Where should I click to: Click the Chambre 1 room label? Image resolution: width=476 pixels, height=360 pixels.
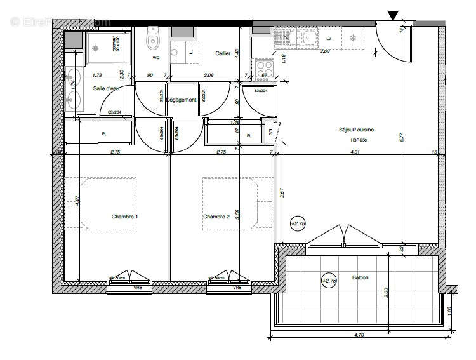point(125,217)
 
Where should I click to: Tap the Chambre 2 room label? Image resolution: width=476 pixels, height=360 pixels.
point(216,217)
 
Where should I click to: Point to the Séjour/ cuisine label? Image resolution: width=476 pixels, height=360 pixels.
point(356,130)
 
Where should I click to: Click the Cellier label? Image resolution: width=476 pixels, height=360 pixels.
point(222,54)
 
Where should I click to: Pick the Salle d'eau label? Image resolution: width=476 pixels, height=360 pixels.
point(106,88)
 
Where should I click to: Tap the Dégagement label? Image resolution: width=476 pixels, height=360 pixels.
point(181,100)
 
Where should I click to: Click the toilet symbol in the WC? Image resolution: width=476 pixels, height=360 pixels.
point(152,41)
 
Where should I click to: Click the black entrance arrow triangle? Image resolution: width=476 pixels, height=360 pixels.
point(393,15)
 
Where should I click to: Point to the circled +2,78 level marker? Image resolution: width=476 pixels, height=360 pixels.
point(298,223)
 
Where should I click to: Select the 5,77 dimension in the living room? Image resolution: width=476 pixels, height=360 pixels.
point(402,136)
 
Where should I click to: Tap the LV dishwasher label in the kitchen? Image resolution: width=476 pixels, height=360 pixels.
point(329,39)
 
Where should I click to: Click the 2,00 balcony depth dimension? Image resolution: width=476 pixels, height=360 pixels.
point(387,293)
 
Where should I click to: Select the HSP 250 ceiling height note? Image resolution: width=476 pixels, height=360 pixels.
point(359,140)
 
